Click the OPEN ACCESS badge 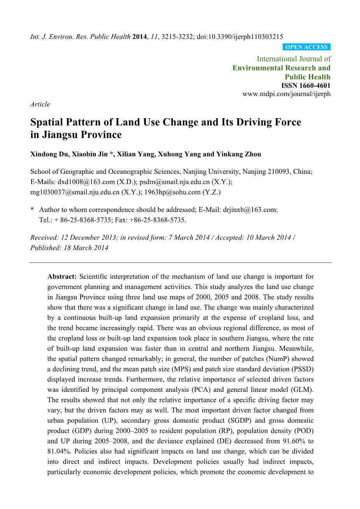[307, 47]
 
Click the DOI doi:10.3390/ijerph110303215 [240, 37]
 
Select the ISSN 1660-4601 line [306, 86]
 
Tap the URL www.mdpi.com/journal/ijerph [286, 94]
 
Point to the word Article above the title [40, 104]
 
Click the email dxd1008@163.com [86, 182]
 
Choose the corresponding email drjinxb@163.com [249, 210]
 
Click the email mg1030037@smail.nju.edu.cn [75, 192]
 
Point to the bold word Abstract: [62, 277]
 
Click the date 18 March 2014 [86, 248]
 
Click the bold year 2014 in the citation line [139, 37]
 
